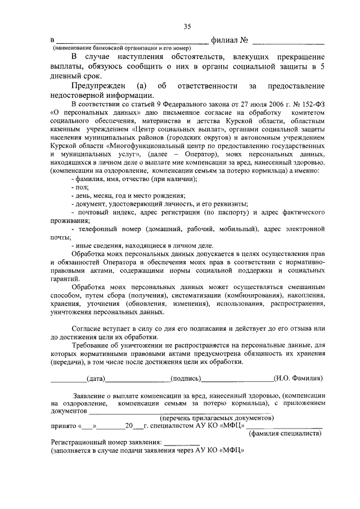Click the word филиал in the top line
(224, 41)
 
